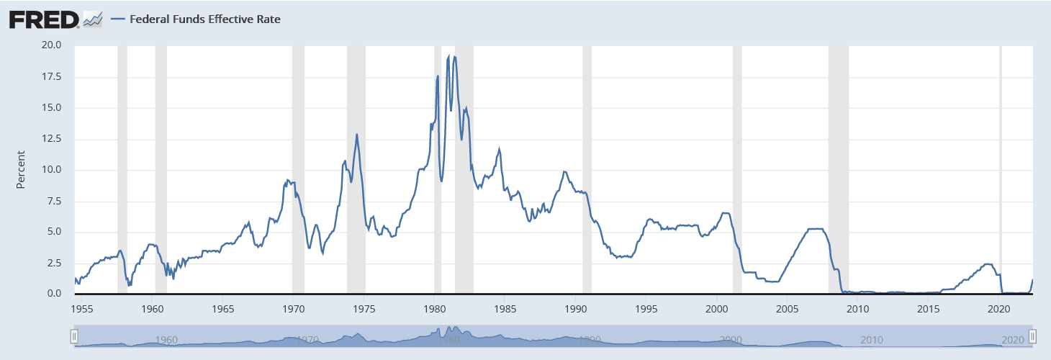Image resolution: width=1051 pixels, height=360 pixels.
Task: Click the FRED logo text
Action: (x=44, y=19)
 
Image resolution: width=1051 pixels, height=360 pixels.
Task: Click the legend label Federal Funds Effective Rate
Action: (x=204, y=19)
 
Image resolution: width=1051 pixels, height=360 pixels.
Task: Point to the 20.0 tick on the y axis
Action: (x=52, y=45)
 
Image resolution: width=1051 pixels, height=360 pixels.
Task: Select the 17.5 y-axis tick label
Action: (x=52, y=76)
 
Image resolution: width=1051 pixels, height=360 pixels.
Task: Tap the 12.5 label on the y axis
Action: (x=52, y=139)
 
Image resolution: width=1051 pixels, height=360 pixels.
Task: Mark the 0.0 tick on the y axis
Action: (x=55, y=294)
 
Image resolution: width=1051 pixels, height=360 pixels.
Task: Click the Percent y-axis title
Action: (x=21, y=170)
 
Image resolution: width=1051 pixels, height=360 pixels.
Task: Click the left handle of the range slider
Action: (x=73, y=336)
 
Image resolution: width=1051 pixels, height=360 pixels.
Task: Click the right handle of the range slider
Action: (x=1032, y=336)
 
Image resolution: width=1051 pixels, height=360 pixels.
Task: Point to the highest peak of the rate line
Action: (x=448, y=56)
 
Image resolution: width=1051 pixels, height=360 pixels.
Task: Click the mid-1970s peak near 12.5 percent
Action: (x=357, y=134)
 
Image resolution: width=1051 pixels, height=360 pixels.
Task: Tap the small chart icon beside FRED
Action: (x=93, y=19)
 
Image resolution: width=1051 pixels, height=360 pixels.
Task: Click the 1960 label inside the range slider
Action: (x=166, y=340)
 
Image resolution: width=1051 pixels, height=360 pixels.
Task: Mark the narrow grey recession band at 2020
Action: (x=1000, y=169)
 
